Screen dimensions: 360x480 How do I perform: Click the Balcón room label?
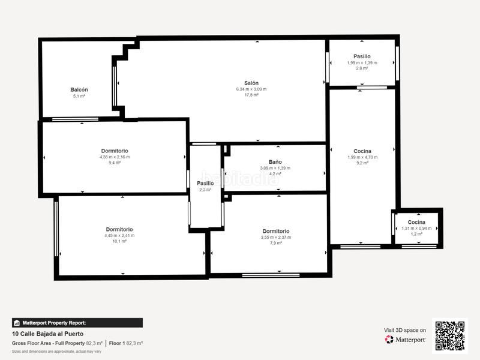(x=79, y=89)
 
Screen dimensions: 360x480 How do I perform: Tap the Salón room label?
(x=251, y=83)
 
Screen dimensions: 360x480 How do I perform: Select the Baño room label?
(x=275, y=162)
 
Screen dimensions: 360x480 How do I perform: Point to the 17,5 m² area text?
(x=251, y=95)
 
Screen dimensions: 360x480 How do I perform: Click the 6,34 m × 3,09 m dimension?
(x=251, y=89)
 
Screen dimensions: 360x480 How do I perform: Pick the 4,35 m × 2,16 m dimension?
(x=114, y=157)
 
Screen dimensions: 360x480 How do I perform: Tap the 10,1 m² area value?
(x=119, y=242)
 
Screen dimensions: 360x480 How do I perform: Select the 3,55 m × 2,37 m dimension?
(x=275, y=237)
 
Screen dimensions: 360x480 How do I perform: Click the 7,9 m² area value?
(x=275, y=243)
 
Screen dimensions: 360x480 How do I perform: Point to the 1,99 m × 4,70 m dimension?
(x=362, y=157)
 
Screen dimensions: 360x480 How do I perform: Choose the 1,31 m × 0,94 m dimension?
(x=416, y=228)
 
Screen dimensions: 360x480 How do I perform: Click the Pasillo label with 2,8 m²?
(x=362, y=56)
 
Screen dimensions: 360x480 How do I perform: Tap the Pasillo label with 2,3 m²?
(x=205, y=183)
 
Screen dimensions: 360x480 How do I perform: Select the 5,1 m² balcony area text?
(x=79, y=95)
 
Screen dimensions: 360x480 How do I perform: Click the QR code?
(x=450, y=335)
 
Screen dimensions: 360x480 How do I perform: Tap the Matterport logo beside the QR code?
(x=406, y=340)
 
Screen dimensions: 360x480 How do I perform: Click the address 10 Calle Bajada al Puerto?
(x=47, y=334)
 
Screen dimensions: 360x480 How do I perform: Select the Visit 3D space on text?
(x=404, y=330)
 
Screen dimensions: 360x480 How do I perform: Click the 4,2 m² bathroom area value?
(x=275, y=174)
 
